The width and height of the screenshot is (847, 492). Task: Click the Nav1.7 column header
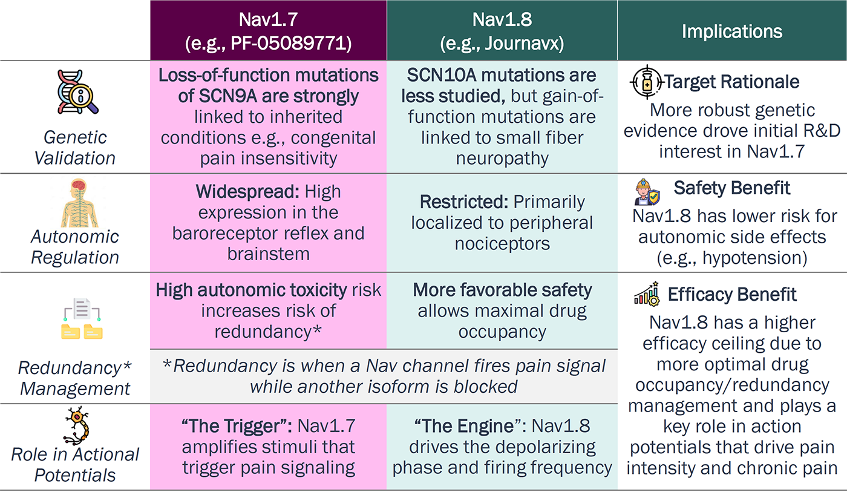pos(268,30)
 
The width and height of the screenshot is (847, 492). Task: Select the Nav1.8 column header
pos(502,30)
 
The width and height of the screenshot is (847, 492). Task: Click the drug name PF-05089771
pos(290,45)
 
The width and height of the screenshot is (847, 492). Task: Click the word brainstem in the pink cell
pos(268,254)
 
